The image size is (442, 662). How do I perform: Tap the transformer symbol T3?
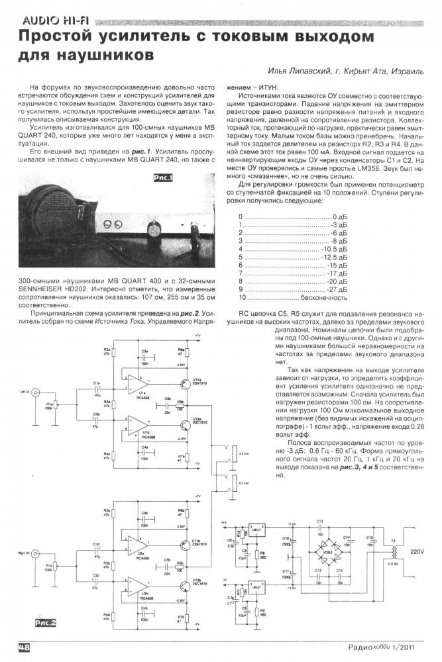(396, 551)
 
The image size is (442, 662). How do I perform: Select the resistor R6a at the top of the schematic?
(180, 354)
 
